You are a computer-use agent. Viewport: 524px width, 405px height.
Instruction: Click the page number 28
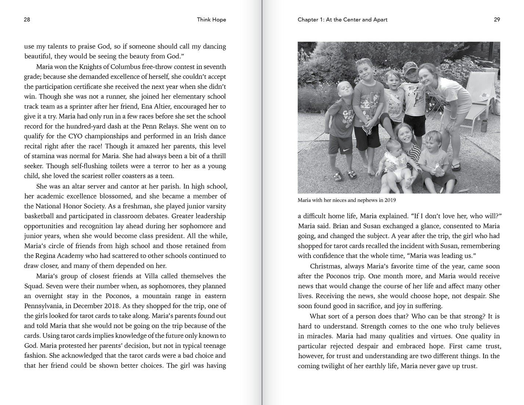[27, 20]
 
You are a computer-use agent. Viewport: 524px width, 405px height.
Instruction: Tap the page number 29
[497, 20]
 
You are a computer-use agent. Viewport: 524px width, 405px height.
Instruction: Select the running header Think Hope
[211, 20]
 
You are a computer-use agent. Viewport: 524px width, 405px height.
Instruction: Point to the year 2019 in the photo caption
[390, 200]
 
